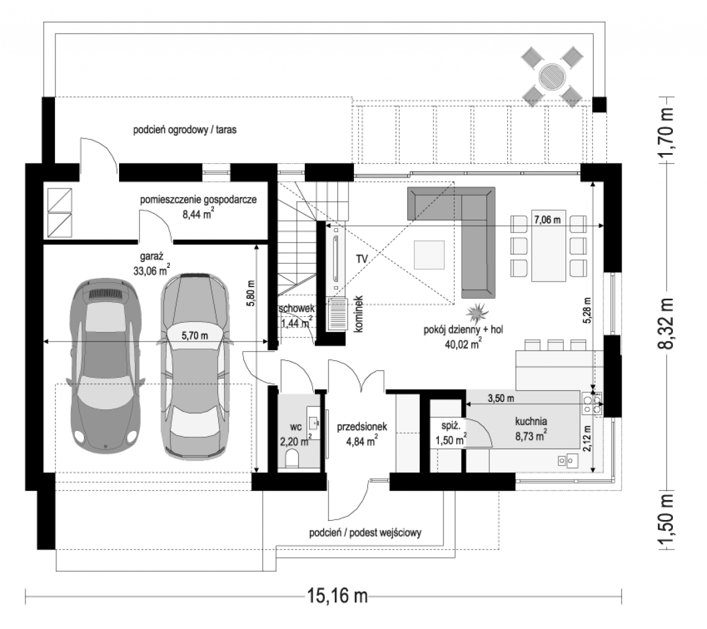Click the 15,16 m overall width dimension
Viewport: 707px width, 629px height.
pos(337,596)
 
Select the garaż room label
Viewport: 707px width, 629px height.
pos(152,257)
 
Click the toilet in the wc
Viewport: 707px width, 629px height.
pos(292,458)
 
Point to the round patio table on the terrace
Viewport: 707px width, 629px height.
pos(552,77)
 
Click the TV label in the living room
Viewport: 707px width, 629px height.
pos(362,259)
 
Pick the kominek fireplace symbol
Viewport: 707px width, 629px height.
pos(337,314)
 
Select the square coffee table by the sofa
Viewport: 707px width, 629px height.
pos(429,255)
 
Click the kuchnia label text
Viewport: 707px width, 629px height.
pos(531,421)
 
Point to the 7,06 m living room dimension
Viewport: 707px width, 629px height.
pos(547,220)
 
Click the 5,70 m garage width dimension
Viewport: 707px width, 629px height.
pos(195,335)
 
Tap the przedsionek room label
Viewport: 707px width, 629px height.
pos(362,426)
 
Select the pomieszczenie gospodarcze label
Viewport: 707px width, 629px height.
pos(198,200)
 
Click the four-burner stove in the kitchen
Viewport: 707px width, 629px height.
pos(592,404)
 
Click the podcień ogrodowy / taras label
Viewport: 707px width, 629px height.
pos(185,130)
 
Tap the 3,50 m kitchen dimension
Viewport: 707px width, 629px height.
pos(501,398)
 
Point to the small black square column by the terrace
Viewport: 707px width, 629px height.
pos(599,104)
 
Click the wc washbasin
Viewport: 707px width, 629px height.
pos(313,423)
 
